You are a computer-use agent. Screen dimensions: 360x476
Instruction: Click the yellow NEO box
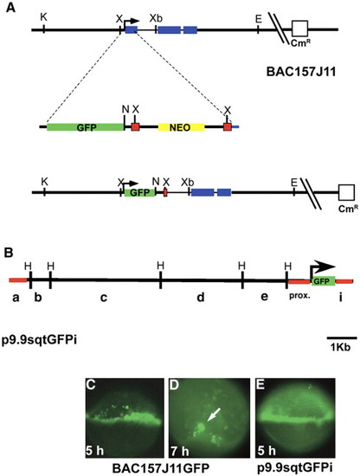[x=181, y=127]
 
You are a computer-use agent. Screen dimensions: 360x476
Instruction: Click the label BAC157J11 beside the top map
[x=301, y=72]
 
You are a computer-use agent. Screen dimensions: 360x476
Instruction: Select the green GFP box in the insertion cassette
[x=86, y=127]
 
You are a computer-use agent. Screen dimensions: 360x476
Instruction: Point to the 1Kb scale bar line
[x=342, y=338]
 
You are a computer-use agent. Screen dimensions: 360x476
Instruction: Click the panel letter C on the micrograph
[x=91, y=385]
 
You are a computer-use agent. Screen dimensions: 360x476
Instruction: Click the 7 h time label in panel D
[x=180, y=451]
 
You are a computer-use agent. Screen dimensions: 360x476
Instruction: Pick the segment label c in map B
[x=104, y=298]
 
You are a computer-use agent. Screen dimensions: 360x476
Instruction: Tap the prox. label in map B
[x=299, y=296]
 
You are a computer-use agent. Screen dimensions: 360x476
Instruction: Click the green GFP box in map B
[x=324, y=281]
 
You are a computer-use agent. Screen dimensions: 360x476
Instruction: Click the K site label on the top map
[x=44, y=17]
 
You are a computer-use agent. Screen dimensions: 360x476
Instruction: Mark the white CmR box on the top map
[x=299, y=29]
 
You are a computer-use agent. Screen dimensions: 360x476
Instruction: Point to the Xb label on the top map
[x=156, y=18]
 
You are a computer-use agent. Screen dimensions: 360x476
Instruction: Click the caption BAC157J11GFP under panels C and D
[x=161, y=468]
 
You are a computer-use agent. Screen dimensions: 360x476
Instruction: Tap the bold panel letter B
[x=9, y=253]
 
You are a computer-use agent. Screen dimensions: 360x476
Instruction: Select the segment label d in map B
[x=201, y=297]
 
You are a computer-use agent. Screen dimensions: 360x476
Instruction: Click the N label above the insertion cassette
[x=125, y=109]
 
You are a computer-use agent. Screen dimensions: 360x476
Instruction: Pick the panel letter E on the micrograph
[x=260, y=385]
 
